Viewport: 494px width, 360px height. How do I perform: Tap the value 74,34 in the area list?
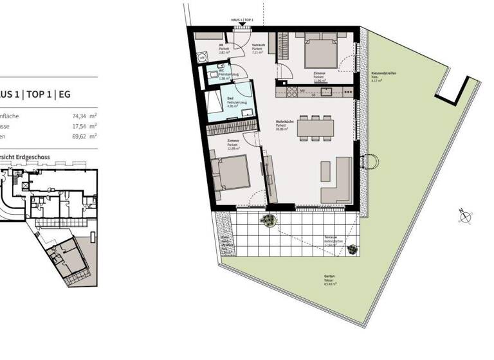80,116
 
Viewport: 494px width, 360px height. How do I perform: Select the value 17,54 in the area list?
80,127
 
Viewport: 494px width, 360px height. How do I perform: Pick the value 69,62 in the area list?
80,136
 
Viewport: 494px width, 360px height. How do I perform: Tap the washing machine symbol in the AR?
202,58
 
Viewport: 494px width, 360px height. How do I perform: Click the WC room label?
221,70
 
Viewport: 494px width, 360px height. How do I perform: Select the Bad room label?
230,98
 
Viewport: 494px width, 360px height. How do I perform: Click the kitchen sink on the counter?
327,91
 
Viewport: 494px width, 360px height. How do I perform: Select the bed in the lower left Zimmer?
230,173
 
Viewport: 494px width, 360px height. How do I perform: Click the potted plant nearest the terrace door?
268,220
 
